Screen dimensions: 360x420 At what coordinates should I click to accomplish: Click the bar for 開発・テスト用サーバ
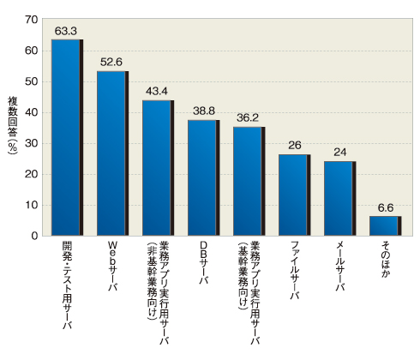(x=67, y=137)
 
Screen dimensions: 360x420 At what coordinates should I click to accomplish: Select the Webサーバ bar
(x=112, y=153)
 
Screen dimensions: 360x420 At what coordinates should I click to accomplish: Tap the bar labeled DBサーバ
(x=203, y=177)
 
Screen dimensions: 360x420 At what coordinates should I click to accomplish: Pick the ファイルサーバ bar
(x=294, y=195)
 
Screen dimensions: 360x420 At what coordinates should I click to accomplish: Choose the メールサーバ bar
(x=339, y=198)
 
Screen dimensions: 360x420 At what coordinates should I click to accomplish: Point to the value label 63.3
(x=66, y=32)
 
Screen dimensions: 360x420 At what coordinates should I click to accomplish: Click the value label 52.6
(x=111, y=62)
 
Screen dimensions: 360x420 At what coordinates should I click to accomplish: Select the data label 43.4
(x=157, y=91)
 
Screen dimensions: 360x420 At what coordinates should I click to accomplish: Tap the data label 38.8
(x=202, y=111)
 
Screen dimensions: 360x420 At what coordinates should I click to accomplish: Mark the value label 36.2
(x=248, y=117)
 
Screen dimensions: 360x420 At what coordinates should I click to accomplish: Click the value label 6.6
(x=385, y=207)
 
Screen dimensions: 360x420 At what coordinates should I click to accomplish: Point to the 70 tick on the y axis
(x=32, y=20)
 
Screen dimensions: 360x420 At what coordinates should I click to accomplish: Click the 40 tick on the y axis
(x=32, y=112)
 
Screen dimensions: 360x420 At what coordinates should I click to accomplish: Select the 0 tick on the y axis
(x=35, y=236)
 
